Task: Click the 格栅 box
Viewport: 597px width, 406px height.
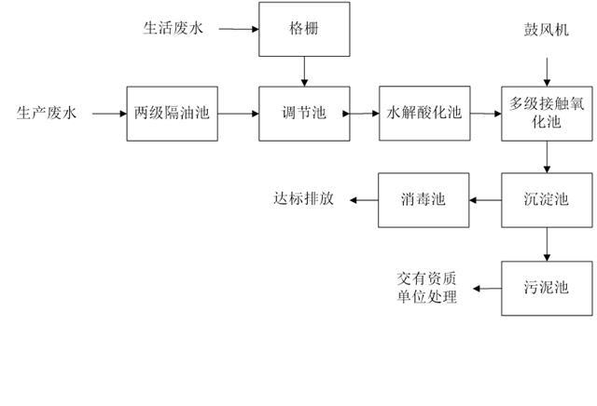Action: [305, 29]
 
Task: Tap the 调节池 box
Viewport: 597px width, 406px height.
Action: [305, 114]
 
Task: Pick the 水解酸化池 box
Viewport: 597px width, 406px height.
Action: [424, 114]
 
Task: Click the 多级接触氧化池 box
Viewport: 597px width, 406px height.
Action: [547, 114]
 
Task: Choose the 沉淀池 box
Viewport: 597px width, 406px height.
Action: [547, 199]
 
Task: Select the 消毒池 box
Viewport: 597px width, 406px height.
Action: [424, 199]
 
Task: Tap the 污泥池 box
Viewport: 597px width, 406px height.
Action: [547, 289]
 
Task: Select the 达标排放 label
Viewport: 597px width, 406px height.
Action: [302, 199]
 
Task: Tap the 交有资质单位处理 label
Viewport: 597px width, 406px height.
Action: [426, 288]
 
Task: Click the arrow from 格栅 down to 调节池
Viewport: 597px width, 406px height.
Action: [305, 71]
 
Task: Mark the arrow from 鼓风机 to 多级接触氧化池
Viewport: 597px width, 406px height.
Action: [547, 69]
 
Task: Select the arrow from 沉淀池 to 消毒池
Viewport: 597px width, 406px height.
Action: [485, 199]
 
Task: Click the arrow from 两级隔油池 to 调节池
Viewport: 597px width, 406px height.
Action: [237, 114]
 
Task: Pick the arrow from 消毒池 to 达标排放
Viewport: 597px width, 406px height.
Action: [362, 199]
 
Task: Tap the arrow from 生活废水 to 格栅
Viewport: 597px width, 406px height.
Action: [239, 30]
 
